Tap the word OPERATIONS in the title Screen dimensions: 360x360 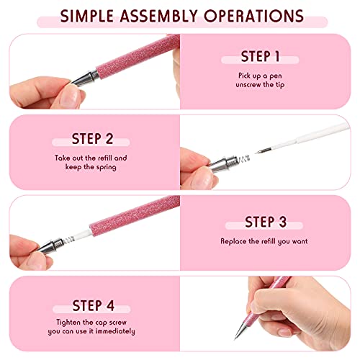(x=262, y=15)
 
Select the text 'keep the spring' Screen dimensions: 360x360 (x=90, y=166)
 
